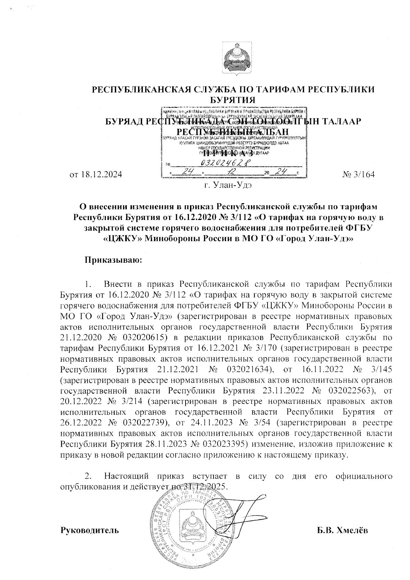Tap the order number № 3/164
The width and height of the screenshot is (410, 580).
coord(358,175)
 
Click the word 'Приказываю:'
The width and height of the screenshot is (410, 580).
coord(113,260)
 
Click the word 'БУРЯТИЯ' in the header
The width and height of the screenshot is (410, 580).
coord(233,100)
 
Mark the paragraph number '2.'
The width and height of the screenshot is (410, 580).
coord(88,476)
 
